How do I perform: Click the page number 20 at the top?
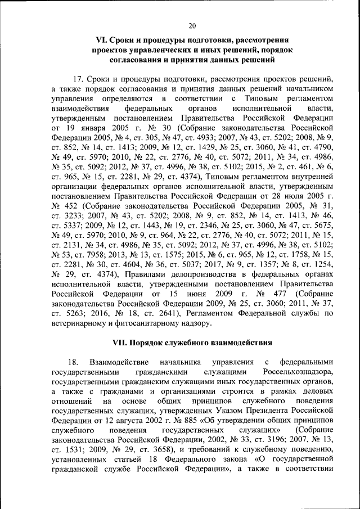[192, 26]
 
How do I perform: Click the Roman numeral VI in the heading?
[103, 40]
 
